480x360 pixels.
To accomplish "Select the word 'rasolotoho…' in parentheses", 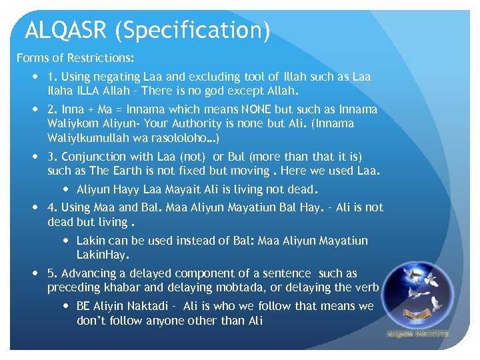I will (187, 139).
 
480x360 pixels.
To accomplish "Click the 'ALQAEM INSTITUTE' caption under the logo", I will (417, 333).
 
